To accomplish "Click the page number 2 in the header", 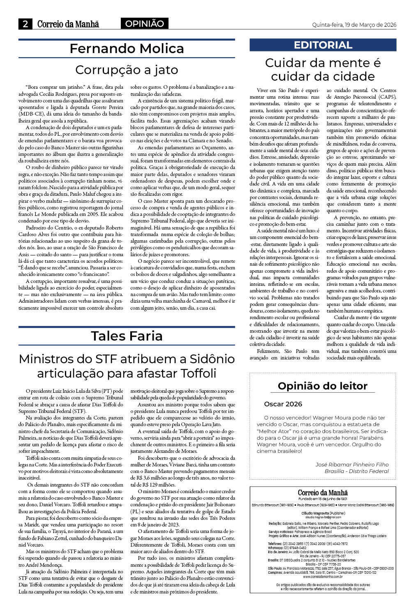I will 25,24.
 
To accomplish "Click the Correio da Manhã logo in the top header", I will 68,24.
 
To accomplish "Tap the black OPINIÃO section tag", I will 144,24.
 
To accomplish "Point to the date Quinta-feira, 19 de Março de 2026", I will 354,25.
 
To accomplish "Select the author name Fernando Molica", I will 127,49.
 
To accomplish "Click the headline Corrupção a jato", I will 127,70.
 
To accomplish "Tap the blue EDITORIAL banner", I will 323,45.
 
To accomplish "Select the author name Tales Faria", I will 127,336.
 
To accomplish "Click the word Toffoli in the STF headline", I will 193,373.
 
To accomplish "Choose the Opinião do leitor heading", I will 323,386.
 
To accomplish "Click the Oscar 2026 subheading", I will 283,404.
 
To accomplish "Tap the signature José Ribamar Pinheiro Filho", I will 352,464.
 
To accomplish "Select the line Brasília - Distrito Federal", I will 357,471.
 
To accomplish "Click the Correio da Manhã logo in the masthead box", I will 323,492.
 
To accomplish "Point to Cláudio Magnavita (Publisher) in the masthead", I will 323,513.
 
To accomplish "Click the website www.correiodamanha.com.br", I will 323,577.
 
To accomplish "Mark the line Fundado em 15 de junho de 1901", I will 323,499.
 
